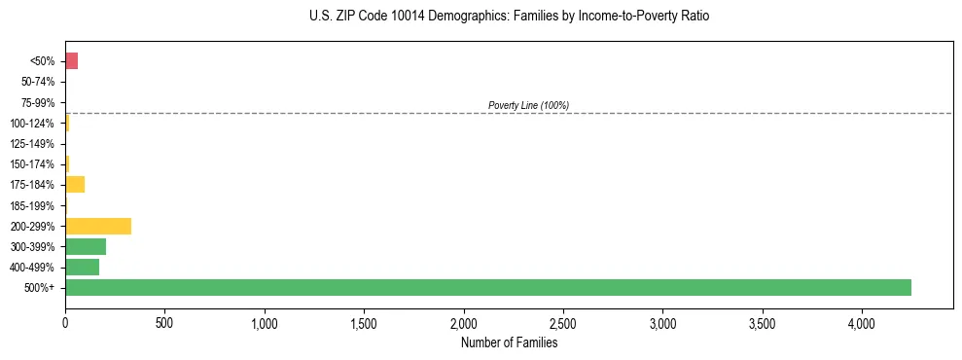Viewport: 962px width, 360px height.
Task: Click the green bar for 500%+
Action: [x=487, y=287]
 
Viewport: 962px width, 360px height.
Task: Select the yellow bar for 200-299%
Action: [x=97, y=226]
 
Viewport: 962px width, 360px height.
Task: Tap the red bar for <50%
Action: [x=71, y=61]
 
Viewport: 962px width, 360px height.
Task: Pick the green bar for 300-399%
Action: [x=85, y=246]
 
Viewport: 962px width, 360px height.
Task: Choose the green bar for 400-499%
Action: [x=82, y=267]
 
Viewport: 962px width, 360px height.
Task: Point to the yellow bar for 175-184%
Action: [x=75, y=185]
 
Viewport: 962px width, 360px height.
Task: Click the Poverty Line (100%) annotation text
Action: [x=528, y=105]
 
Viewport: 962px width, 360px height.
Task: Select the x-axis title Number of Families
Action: [x=509, y=342]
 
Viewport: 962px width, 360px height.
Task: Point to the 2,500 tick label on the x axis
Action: [x=563, y=322]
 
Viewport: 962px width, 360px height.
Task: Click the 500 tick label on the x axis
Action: [x=164, y=322]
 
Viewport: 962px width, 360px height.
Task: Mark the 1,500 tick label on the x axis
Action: [x=364, y=322]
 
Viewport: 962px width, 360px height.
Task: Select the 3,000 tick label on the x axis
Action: [x=662, y=322]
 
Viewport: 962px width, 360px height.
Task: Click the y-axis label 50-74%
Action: [x=39, y=82]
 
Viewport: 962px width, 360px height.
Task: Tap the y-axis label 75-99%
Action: [x=39, y=102]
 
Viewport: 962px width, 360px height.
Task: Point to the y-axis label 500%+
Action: [x=41, y=288]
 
